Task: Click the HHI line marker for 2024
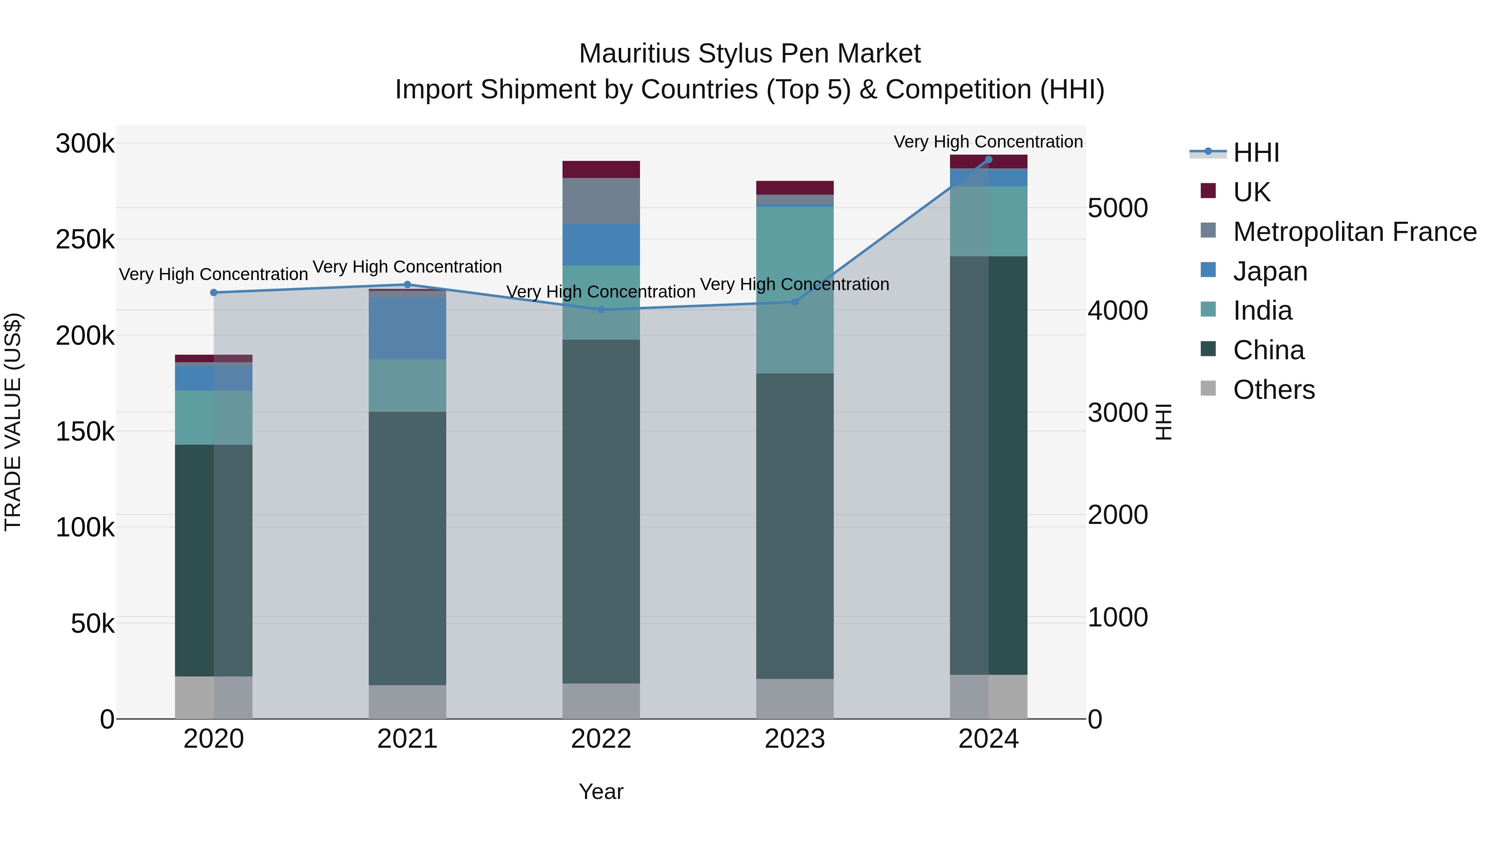(988, 160)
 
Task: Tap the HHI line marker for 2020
(214, 293)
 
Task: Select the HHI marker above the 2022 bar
(601, 309)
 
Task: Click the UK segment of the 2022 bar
(601, 169)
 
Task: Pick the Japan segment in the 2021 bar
(407, 328)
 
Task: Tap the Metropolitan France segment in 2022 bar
(601, 200)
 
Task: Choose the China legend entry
(1268, 350)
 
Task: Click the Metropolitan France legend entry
(1355, 231)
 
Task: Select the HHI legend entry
(1255, 153)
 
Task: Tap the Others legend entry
(1273, 390)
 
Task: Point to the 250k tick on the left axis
(85, 239)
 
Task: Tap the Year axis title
(601, 791)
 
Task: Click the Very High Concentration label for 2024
(988, 142)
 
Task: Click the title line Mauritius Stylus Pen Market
(750, 54)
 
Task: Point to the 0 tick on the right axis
(1095, 719)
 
